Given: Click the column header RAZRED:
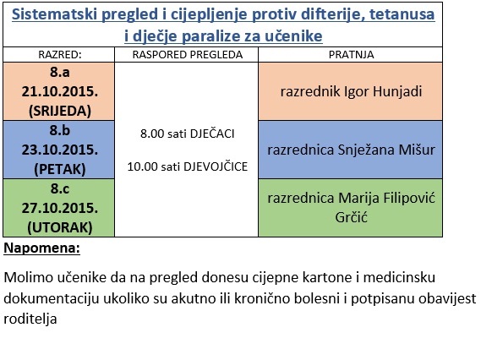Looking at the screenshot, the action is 60,55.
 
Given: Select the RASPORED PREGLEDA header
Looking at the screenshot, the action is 188,55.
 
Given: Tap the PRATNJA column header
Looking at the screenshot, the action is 351,55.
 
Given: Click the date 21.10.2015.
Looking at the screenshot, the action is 60,91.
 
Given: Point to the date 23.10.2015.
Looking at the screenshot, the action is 60,150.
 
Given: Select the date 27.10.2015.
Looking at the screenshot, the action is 60,208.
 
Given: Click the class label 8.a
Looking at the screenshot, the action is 60,73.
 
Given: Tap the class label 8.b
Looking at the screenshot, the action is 60,130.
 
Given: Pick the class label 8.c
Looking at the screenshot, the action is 60,188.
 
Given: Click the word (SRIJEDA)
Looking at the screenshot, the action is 60,111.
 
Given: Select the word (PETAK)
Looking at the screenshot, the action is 60,169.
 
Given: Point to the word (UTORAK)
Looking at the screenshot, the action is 60,227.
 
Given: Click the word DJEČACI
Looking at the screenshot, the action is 212,134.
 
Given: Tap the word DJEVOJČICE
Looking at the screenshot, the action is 216,166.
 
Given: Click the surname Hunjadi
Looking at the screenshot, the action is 397,91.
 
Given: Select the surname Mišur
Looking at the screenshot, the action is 417,150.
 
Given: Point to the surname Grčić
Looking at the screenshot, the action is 351,217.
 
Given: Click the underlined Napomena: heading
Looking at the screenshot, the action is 41,248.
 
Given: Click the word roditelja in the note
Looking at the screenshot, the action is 30,319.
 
